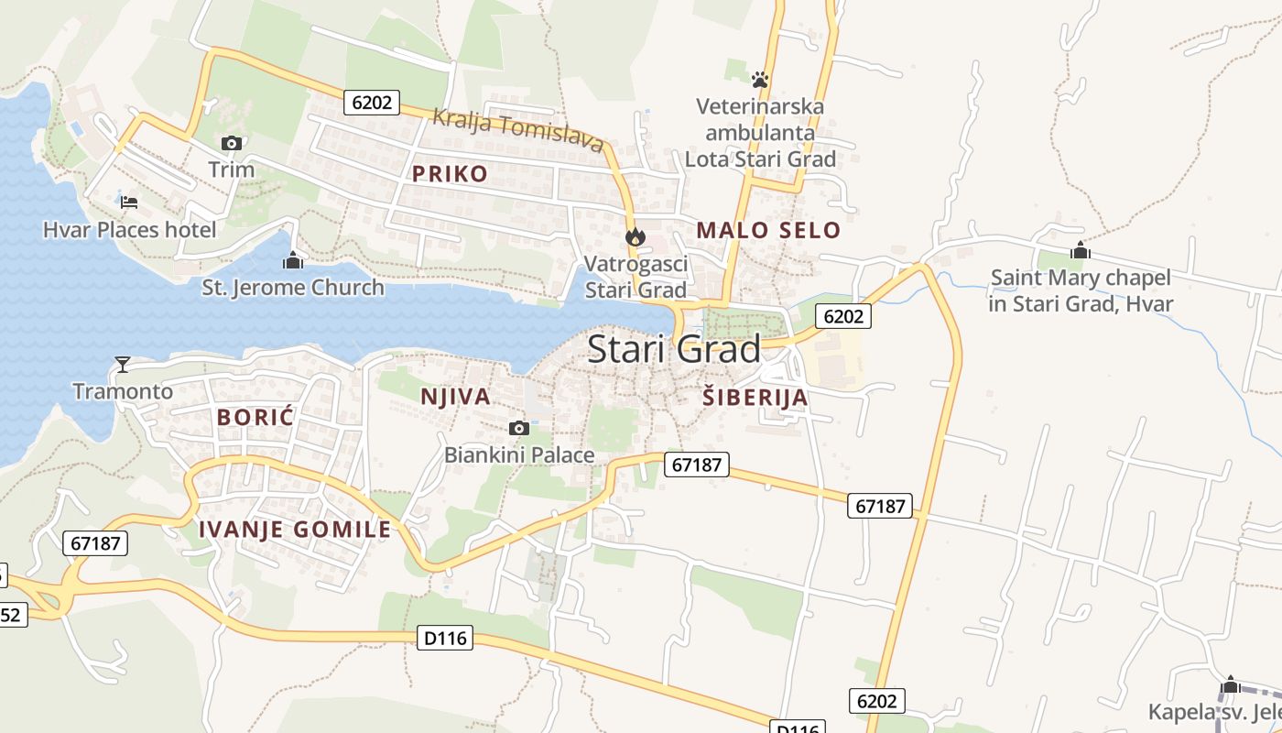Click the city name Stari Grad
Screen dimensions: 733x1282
[x=673, y=349]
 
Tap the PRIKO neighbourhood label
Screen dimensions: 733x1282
[x=450, y=174]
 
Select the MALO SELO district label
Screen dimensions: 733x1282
[x=768, y=230]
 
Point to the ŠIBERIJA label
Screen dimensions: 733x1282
[x=755, y=398]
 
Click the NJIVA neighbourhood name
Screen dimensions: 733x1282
[x=455, y=397]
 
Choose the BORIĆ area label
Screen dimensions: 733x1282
[x=255, y=417]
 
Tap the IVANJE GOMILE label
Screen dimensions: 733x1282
[x=295, y=529]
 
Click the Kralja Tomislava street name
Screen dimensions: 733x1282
[x=517, y=130]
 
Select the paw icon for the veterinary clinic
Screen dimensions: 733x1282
[x=759, y=79]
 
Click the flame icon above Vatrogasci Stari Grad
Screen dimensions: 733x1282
[x=635, y=237]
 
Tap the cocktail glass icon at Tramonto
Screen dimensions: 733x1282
[x=123, y=365]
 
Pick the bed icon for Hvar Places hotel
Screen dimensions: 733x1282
[x=129, y=202]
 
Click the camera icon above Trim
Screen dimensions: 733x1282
[x=231, y=143]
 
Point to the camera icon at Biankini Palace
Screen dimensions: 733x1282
[x=518, y=428]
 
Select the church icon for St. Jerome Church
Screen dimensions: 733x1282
[x=293, y=261]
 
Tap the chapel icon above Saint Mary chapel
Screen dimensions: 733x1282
[x=1081, y=250]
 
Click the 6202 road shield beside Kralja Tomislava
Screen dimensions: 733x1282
[x=372, y=102]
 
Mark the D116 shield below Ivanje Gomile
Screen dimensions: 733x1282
[x=446, y=637]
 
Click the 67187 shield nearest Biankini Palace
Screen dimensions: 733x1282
[x=696, y=465]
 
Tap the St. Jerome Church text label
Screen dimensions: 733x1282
[x=293, y=288]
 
